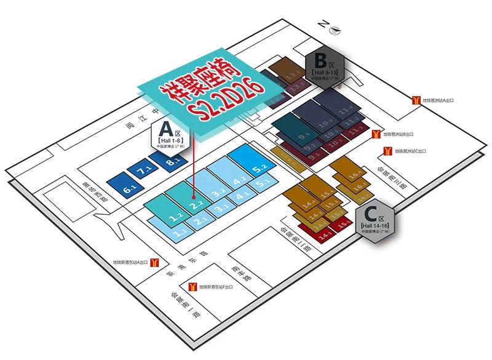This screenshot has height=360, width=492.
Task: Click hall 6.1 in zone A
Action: (x=129, y=188)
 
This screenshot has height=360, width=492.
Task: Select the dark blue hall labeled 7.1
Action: (x=145, y=172)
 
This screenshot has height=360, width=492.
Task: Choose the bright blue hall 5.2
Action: (x=259, y=166)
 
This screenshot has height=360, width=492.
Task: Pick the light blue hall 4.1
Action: (x=242, y=198)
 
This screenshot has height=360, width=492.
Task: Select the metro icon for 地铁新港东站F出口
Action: (x=192, y=287)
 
